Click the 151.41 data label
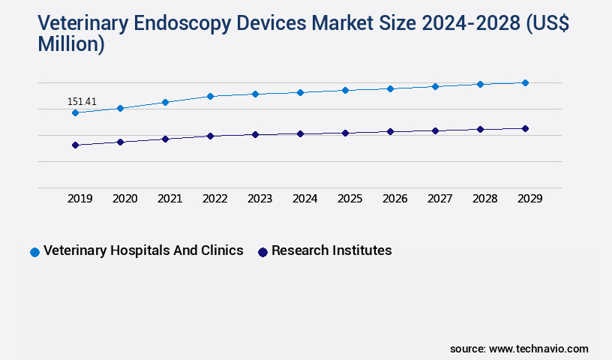pyautogui.click(x=82, y=101)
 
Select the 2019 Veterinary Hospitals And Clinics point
pyautogui.click(x=75, y=112)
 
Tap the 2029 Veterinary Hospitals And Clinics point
pyautogui.click(x=525, y=82)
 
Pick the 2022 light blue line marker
pyautogui.click(x=210, y=96)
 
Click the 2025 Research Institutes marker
pyautogui.click(x=345, y=133)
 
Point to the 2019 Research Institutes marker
pyautogui.click(x=75, y=145)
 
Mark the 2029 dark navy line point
pyautogui.click(x=525, y=128)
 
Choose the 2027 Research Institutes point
pyautogui.click(x=435, y=130)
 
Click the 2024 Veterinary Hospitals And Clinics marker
pyautogui.click(x=300, y=92)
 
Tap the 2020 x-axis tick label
pyautogui.click(x=125, y=199)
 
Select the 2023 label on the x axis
pyautogui.click(x=260, y=199)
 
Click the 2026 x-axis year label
pyautogui.click(x=395, y=199)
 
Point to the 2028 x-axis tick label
pyautogui.click(x=485, y=199)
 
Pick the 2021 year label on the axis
pyautogui.click(x=170, y=199)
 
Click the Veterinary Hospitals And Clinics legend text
pyautogui.click(x=143, y=250)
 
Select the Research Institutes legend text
pyautogui.click(x=331, y=250)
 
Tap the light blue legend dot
pyautogui.click(x=34, y=252)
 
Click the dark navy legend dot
pyautogui.click(x=262, y=252)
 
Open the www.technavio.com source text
pyautogui.click(x=538, y=349)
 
